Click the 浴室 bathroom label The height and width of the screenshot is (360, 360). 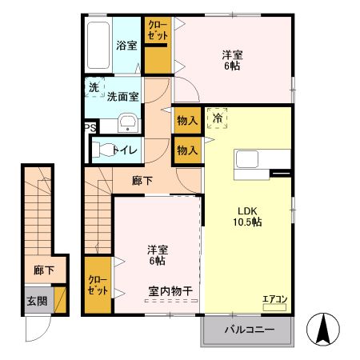click(x=126, y=45)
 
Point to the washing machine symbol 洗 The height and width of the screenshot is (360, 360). click(x=94, y=87)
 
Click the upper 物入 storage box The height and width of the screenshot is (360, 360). click(x=186, y=120)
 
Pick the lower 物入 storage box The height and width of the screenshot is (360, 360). click(x=186, y=150)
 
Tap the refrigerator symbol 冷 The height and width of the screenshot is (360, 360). click(x=217, y=118)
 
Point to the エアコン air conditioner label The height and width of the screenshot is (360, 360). click(x=274, y=300)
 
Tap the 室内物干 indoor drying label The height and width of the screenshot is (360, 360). click(x=170, y=290)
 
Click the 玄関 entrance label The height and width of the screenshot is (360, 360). click(x=36, y=302)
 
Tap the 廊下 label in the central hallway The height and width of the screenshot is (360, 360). click(x=142, y=181)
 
